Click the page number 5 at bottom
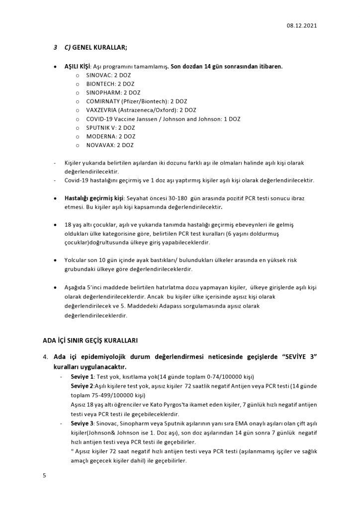pos(44,476)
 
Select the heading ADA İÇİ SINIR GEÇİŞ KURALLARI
pos(90,340)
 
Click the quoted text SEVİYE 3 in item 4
pos(296,356)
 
